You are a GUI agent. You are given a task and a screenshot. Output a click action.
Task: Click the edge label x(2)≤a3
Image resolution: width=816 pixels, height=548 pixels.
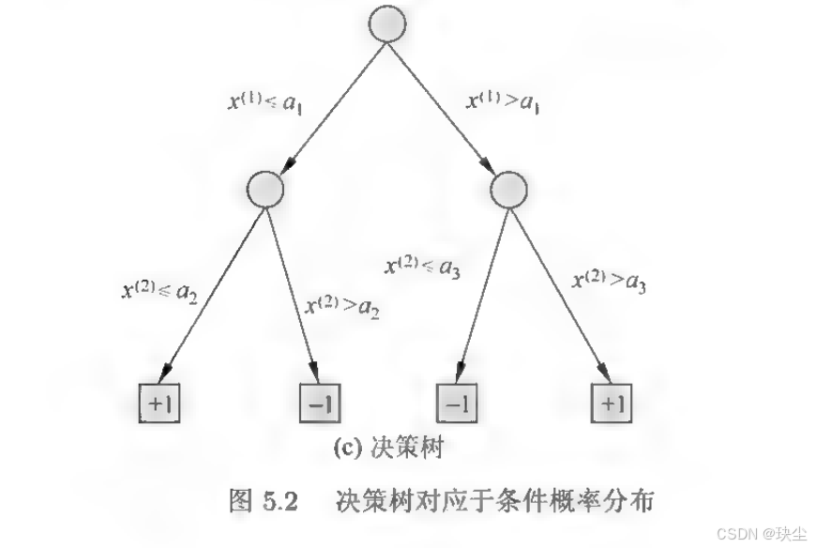(423, 266)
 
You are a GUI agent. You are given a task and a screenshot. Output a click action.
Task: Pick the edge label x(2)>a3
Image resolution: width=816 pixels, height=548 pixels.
(611, 281)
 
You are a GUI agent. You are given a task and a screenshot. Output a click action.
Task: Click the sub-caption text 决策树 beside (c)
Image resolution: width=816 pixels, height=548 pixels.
(409, 449)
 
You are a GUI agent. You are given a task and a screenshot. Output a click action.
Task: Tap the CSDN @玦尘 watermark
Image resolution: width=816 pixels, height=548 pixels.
(762, 532)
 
